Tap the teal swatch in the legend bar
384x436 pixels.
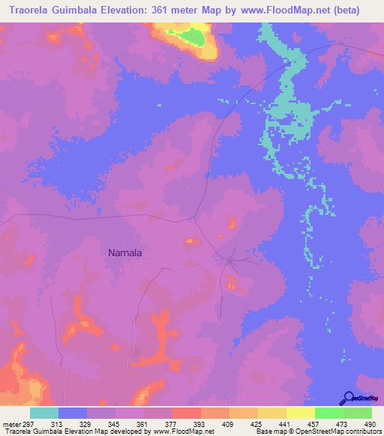coord(44,413)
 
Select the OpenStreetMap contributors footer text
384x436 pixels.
coord(343,431)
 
